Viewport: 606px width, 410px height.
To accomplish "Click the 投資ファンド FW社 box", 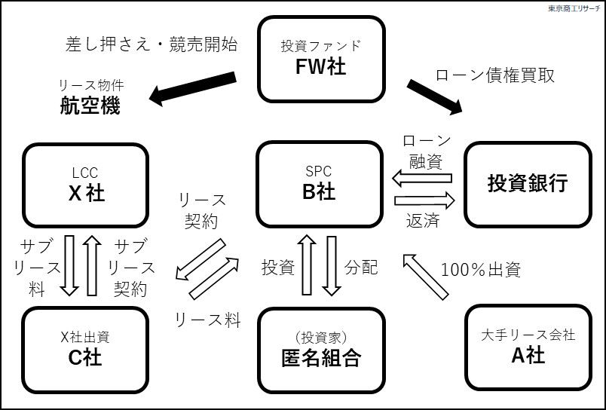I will point(320,59).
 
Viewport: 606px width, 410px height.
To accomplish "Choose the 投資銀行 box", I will point(527,185).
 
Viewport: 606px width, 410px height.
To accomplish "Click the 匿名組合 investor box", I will point(320,349).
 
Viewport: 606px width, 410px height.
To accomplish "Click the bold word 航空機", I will point(90,106).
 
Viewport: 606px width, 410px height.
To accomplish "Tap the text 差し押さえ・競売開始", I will point(151,44).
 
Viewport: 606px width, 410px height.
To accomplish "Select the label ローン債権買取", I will point(495,75).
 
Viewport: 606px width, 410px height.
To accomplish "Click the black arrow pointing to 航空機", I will point(192,87).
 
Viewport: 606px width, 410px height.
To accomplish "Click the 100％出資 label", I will point(480,268).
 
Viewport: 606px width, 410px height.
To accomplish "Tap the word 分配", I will point(361,267).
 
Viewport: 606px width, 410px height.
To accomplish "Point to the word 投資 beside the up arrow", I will point(277,267).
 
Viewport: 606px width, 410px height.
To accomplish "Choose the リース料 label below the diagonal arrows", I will point(207,320).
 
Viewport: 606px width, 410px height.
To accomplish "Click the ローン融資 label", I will point(427,151).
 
